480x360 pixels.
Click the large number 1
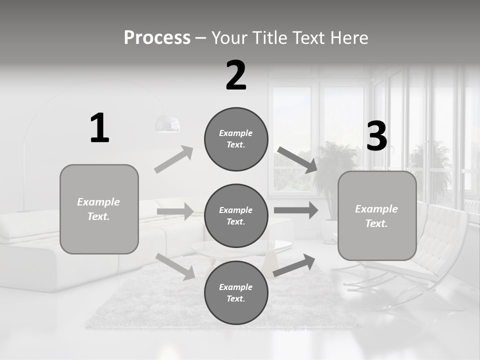[x=99, y=128]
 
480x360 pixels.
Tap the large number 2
[x=236, y=75]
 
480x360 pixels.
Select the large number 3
[x=376, y=136]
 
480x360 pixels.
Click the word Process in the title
[x=157, y=37]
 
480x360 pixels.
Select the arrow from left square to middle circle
[x=175, y=211]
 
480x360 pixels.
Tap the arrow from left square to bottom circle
[x=175, y=266]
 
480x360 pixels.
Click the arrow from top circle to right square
[x=297, y=160]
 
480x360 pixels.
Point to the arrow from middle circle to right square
[x=296, y=210]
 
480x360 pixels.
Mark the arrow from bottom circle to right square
[x=294, y=265]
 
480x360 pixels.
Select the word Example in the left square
[x=98, y=202]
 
